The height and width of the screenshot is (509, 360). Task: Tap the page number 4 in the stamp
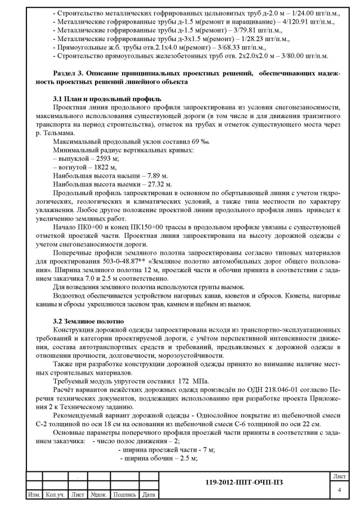(x=339, y=490)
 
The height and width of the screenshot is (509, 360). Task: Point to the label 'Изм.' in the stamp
(x=35, y=495)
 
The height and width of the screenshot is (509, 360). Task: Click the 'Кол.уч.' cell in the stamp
(x=55, y=495)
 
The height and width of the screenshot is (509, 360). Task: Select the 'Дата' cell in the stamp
(x=148, y=495)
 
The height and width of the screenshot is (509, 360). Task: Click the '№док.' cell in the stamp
(x=100, y=495)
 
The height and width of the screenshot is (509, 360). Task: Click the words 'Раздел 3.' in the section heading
(x=68, y=73)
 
